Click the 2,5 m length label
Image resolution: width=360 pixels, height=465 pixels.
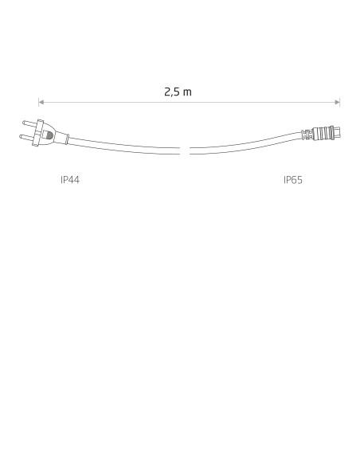178,92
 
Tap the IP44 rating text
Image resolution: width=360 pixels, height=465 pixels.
70,180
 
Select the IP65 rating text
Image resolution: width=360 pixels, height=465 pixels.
293,180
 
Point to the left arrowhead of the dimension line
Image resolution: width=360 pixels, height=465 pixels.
41,102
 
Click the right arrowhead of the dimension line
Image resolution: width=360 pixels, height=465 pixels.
338,102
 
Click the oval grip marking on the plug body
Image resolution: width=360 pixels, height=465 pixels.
49,136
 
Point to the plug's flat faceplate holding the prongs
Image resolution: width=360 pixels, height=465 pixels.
39,131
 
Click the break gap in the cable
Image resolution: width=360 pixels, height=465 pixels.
185,150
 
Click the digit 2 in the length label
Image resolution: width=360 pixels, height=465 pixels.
167,92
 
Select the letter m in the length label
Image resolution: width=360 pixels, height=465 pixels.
187,92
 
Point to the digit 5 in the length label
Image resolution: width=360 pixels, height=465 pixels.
176,92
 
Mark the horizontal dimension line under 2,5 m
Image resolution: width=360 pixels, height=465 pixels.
239,102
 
